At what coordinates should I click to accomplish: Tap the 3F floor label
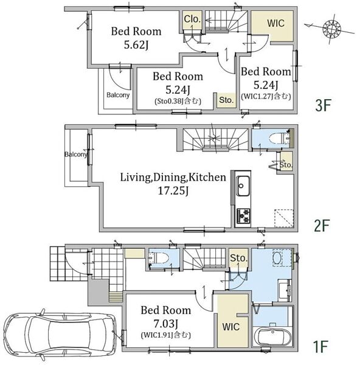pos(323,105)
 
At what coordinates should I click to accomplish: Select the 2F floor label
pos(322,225)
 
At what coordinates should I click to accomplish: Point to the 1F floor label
pos(320,346)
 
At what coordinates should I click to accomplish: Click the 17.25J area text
pos(173,191)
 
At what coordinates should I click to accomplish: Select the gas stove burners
pos(243,215)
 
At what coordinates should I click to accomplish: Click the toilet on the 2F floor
pos(279,139)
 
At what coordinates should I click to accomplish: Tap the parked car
pos(60,334)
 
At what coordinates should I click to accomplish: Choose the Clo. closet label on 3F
pos(192,19)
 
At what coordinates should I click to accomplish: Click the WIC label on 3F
pos(275,23)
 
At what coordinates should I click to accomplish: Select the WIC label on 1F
pos(231,327)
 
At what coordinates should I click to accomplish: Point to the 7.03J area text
pos(166,324)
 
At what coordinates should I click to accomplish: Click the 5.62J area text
pos(136,44)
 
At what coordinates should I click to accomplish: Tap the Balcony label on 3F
pos(118,96)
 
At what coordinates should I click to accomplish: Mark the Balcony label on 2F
pos(76,155)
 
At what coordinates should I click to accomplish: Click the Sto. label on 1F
pos(238,258)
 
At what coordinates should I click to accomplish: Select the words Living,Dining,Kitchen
pos(173,178)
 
